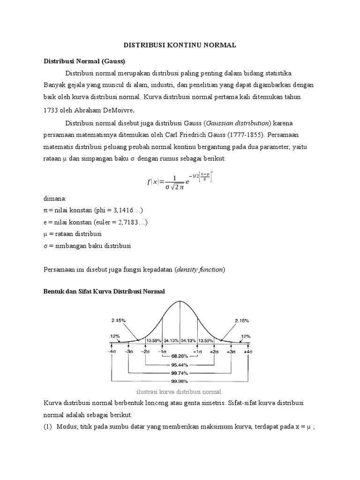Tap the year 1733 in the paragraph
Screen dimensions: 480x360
52,111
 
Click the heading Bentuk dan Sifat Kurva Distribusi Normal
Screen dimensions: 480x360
104,292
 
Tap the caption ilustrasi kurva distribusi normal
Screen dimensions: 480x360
180,392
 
